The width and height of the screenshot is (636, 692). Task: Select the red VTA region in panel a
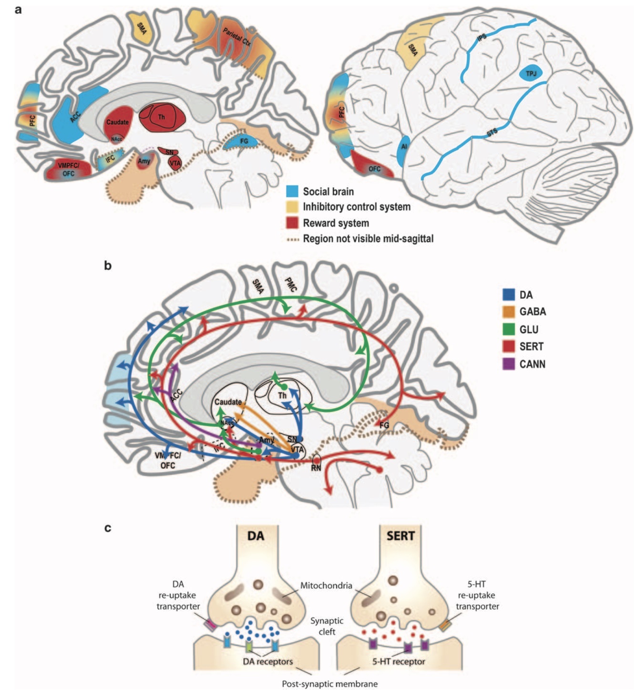(x=175, y=162)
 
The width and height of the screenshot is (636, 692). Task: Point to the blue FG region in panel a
(x=244, y=141)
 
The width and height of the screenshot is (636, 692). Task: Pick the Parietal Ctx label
(x=237, y=37)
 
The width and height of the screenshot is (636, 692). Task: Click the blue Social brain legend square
(x=292, y=191)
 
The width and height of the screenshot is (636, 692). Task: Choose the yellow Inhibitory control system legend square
(x=292, y=207)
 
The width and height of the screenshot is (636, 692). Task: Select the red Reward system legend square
(x=292, y=223)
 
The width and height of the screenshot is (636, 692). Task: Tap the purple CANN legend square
(x=509, y=364)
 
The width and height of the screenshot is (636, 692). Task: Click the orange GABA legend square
(x=509, y=311)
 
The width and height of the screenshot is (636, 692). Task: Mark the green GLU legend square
(x=509, y=329)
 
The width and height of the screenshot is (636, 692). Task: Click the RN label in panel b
(x=316, y=468)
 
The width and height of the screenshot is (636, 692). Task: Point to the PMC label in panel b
(x=290, y=285)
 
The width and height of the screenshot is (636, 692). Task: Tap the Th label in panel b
(x=283, y=395)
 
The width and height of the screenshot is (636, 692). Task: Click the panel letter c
(x=108, y=528)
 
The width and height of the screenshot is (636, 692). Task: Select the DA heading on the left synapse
(x=256, y=536)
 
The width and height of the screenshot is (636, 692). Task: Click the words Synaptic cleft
(x=327, y=626)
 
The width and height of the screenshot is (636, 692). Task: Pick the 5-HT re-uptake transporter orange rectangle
(x=445, y=625)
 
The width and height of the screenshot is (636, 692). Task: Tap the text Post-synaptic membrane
(x=329, y=684)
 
